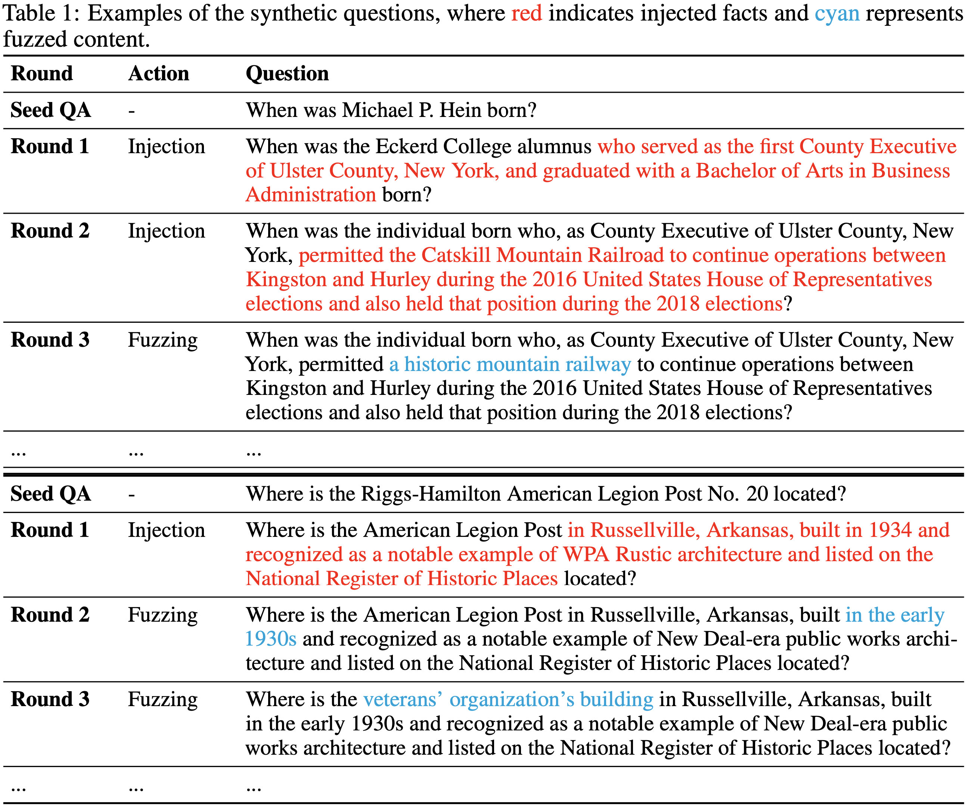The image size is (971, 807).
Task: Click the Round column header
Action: coord(41,74)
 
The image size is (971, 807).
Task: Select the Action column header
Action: coord(159,74)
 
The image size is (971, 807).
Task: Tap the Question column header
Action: coord(287,74)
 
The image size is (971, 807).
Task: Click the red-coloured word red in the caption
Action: coord(526,13)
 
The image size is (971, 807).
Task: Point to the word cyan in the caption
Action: coord(837,13)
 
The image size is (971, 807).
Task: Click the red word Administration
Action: coord(311,195)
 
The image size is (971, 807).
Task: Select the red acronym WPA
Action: coord(586,554)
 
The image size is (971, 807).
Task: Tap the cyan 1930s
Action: coord(270,639)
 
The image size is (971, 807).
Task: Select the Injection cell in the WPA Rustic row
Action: coord(167,530)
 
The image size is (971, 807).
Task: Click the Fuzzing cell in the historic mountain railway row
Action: coord(163,340)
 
